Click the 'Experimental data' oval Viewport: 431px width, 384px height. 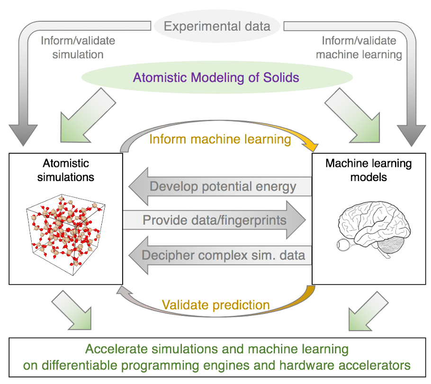[x=217, y=26]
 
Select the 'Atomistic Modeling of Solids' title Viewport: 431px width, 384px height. [x=216, y=77]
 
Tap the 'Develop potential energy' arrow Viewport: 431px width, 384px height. [x=223, y=186]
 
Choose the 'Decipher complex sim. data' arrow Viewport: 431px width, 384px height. [x=223, y=255]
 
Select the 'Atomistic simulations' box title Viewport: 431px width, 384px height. [x=66, y=170]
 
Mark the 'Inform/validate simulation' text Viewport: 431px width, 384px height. [x=78, y=47]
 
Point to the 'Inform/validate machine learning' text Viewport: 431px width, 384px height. [x=359, y=47]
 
